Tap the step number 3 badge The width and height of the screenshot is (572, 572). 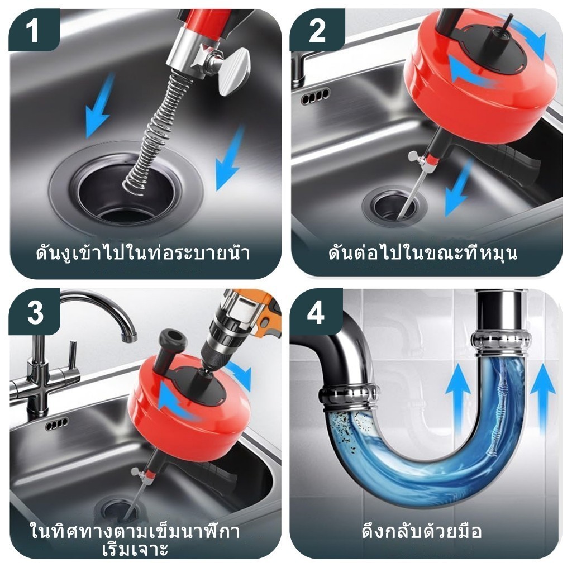35,312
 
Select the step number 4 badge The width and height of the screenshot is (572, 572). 316,312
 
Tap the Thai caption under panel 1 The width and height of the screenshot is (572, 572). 143,253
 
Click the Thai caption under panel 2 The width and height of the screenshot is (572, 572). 423,252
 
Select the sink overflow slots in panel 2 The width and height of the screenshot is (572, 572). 316,96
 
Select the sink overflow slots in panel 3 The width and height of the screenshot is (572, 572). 56,424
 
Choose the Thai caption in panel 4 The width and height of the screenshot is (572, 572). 422,531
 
